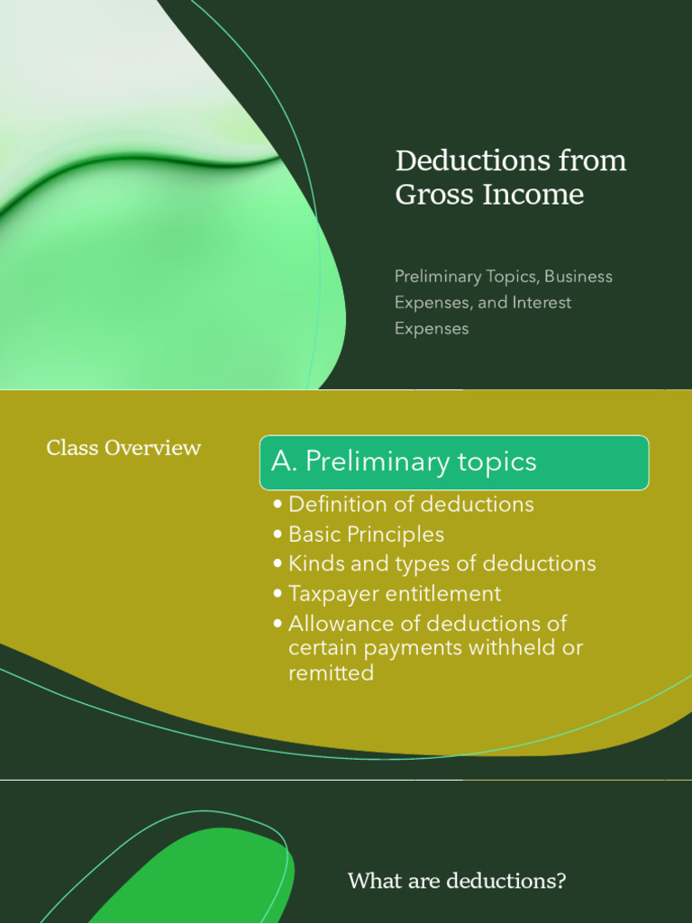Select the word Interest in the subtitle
coord(542,303)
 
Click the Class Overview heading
coord(123,448)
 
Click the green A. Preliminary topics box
coord(454,462)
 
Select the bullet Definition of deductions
coord(411,505)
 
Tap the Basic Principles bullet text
coord(366,535)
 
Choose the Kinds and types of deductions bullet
coord(442,564)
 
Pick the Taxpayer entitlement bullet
coord(395,594)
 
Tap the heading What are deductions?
coord(457,881)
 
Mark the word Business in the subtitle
coord(578,277)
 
